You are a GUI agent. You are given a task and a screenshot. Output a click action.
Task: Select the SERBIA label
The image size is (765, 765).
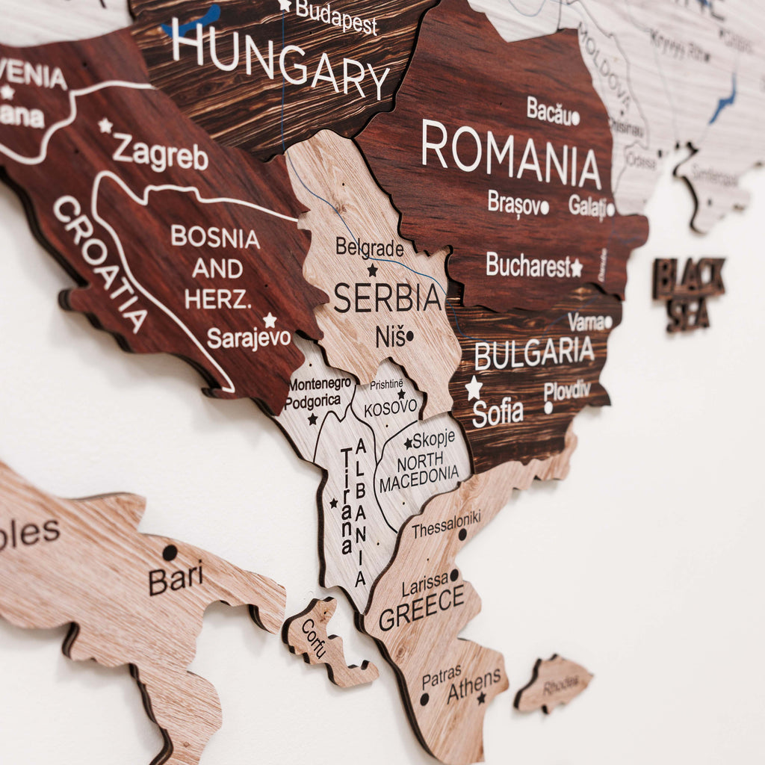click(388, 298)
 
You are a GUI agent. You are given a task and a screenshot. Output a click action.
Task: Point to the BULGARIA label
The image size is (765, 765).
click(534, 353)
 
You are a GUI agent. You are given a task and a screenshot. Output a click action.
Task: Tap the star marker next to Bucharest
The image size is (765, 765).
click(576, 267)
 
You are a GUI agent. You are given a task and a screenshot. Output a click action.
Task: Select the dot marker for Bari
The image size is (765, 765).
click(170, 553)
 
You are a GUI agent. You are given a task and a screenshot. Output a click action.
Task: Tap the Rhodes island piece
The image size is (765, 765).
click(554, 683)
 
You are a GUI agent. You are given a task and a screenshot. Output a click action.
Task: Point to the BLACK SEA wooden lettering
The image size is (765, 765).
click(688, 294)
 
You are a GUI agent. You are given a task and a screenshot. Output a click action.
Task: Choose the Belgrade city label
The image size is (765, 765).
click(369, 248)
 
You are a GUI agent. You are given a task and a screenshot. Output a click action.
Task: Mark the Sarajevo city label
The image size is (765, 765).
click(249, 338)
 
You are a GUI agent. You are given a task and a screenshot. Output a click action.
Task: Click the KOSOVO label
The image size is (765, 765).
click(391, 408)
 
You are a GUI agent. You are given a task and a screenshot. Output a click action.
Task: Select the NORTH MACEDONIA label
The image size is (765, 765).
click(419, 468)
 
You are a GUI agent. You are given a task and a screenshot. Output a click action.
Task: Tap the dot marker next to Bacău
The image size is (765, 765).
click(575, 118)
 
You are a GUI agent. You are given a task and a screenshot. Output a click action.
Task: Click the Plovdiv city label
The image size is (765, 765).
click(567, 390)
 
